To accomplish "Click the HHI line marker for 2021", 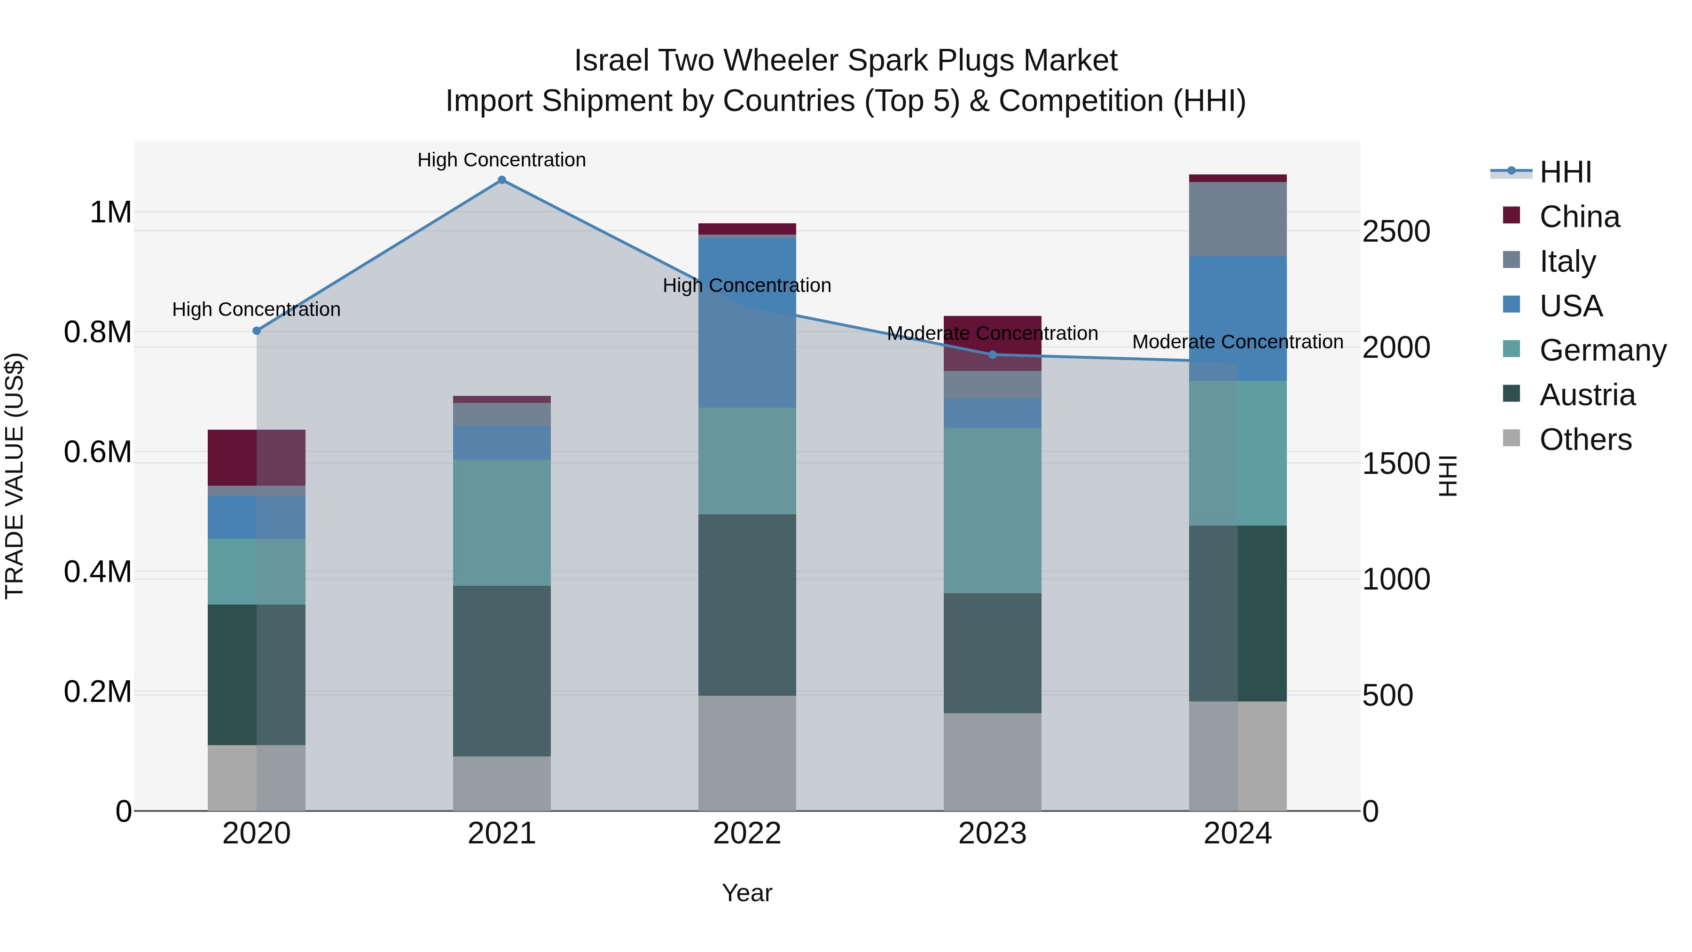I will pyautogui.click(x=502, y=180).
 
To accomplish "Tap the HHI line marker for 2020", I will pyautogui.click(x=257, y=330).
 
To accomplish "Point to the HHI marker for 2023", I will pyautogui.click(x=993, y=355).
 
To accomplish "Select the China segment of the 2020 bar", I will pyautogui.click(x=257, y=457).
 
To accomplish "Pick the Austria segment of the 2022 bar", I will pyautogui.click(x=747, y=605).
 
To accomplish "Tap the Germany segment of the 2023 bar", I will pyautogui.click(x=993, y=511).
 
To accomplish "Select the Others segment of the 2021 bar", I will pyautogui.click(x=502, y=783).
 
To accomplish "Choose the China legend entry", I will pyautogui.click(x=1579, y=217).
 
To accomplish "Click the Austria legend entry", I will pyautogui.click(x=1587, y=395).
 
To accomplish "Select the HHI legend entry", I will pyautogui.click(x=1565, y=172).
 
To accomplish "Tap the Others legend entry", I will pyautogui.click(x=1585, y=440).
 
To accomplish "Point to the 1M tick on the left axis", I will pyautogui.click(x=110, y=212).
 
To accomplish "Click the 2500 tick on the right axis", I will pyautogui.click(x=1396, y=231).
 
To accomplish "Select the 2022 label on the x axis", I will pyautogui.click(x=747, y=834).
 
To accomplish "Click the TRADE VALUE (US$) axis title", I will pyautogui.click(x=15, y=476).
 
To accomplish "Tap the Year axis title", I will pyautogui.click(x=747, y=893).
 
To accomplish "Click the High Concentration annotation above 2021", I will pyautogui.click(x=502, y=160).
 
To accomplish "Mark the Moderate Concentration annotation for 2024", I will pyautogui.click(x=1238, y=342).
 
